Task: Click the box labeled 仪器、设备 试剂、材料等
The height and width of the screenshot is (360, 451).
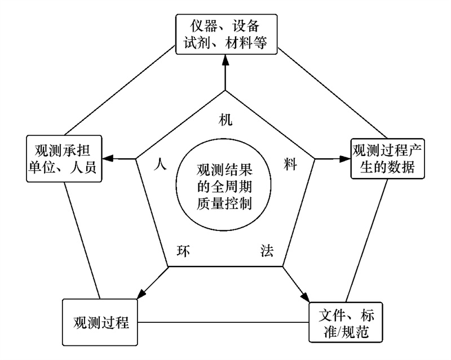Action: pos(227,34)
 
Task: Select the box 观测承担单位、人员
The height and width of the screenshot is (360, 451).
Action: pos(64,159)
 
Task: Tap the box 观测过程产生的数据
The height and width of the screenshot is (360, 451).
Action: pos(387,159)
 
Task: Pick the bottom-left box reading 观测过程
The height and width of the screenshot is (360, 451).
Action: pos(100,322)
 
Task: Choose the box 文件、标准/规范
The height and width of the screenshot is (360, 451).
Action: pos(346,322)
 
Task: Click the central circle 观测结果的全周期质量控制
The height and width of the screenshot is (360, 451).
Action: pos(223,185)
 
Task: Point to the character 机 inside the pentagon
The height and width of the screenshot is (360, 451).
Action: pos(225,119)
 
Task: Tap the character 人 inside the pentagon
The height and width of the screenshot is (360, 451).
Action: pos(160,164)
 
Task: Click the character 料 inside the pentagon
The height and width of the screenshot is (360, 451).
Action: pos(290,164)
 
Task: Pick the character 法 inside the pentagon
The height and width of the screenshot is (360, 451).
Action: pos(267,250)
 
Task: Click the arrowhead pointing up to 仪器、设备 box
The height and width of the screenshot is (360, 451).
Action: pos(225,60)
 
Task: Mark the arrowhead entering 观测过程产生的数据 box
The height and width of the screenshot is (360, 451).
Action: pos(345,159)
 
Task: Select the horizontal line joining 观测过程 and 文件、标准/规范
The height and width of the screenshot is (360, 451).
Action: pos(223,322)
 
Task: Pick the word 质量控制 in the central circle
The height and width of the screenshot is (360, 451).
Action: pos(224,203)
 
